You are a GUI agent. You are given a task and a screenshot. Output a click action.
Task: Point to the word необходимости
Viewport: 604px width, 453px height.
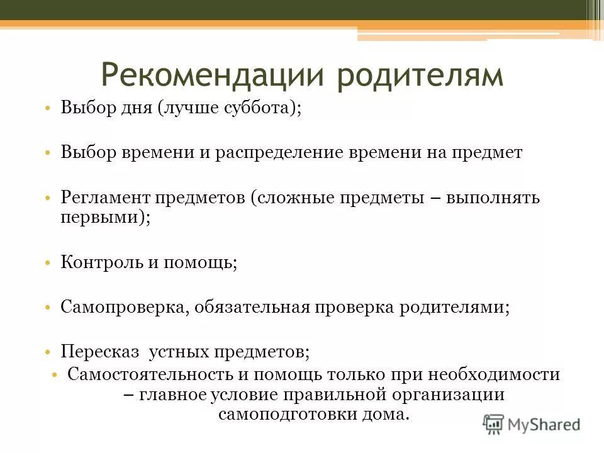494,374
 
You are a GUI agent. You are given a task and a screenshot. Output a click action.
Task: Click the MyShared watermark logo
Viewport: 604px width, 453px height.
532,424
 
